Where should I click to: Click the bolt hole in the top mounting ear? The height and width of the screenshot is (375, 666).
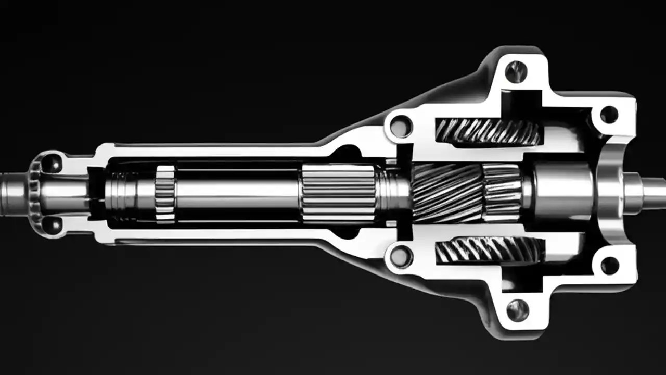[x=516, y=71]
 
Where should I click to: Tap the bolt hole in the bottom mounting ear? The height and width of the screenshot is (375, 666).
[x=516, y=310]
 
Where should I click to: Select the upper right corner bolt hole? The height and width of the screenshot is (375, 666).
[x=609, y=115]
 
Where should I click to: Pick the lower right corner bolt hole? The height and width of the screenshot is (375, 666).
[x=609, y=265]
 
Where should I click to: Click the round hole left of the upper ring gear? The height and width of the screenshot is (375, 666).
[x=401, y=127]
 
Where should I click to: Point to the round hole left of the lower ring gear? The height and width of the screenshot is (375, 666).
[x=401, y=256]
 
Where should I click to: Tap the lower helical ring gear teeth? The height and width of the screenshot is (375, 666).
[x=487, y=251]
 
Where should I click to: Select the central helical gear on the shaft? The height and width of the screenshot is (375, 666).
[x=446, y=191]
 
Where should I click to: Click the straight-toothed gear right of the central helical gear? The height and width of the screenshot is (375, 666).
[x=502, y=191]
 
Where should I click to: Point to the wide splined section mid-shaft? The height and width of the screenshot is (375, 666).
[x=338, y=192]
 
